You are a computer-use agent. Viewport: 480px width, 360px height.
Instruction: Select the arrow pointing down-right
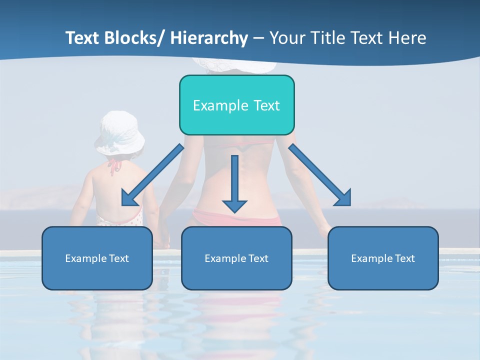320,175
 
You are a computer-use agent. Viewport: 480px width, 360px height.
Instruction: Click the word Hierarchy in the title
208,38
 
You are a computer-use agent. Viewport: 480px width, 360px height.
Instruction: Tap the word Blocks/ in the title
132,38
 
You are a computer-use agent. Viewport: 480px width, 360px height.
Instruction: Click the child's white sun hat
120,133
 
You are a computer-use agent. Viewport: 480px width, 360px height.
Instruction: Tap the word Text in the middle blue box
258,258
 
